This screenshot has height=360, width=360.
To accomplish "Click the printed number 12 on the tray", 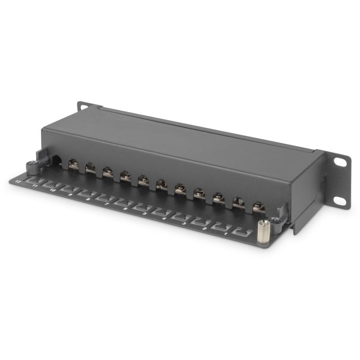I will (18, 182).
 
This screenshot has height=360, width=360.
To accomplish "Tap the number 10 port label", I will (52, 190).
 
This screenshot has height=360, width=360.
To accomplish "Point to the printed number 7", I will (106, 203).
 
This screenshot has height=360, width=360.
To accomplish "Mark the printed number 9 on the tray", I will (69, 194).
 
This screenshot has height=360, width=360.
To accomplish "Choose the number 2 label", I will (205, 227).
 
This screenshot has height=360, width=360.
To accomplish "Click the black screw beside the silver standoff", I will (276, 221).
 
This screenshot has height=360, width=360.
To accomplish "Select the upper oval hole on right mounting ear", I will (340, 161).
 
